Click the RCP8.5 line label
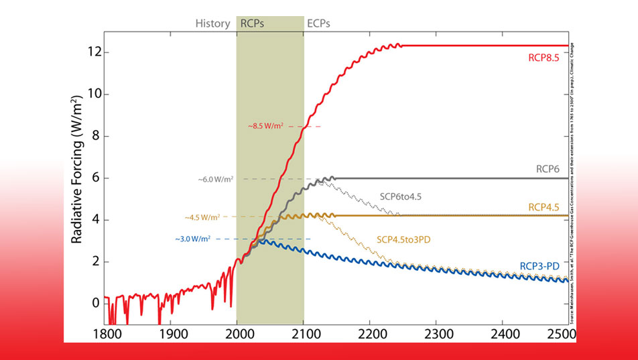point(544,58)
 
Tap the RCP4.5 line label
point(544,207)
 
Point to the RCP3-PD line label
point(539,266)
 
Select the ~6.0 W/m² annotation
point(216,179)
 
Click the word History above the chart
point(212,23)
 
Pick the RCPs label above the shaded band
point(253,23)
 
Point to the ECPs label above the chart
point(318,23)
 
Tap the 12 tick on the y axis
point(94,52)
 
